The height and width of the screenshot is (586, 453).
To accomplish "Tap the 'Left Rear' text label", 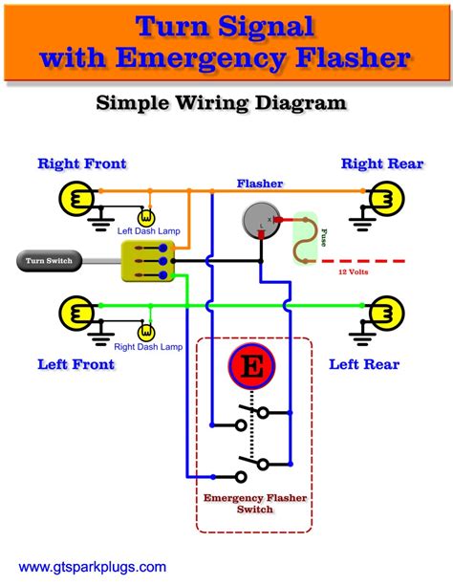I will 364,364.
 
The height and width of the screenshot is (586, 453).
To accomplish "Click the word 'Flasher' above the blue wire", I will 259,182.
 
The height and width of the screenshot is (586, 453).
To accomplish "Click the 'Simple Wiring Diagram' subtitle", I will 226,102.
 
